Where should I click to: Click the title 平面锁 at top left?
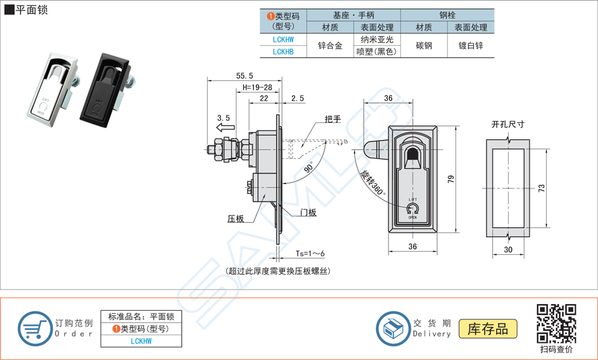click(x=30, y=11)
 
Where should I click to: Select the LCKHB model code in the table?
click(x=283, y=51)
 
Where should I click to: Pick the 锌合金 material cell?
click(x=330, y=45)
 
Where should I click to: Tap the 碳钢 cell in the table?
click(x=424, y=45)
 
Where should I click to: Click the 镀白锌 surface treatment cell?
click(x=471, y=45)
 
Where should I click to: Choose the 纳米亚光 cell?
click(x=377, y=39)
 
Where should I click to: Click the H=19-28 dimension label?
click(x=257, y=87)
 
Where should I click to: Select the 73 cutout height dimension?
click(x=541, y=189)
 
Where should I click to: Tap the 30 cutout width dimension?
click(x=509, y=250)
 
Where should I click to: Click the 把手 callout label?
click(x=333, y=120)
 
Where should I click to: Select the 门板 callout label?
click(x=308, y=212)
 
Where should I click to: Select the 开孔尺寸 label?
click(x=507, y=124)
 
